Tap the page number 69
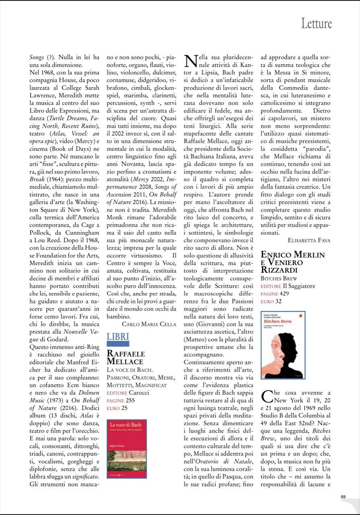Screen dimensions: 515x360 point(343,496)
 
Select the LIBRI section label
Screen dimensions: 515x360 point(118,336)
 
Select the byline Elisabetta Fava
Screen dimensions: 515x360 point(309,240)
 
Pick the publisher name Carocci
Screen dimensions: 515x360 point(139,392)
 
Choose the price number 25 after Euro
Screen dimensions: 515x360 point(124,408)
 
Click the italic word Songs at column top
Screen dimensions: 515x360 point(37,57)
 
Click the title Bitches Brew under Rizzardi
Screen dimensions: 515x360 point(281,278)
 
